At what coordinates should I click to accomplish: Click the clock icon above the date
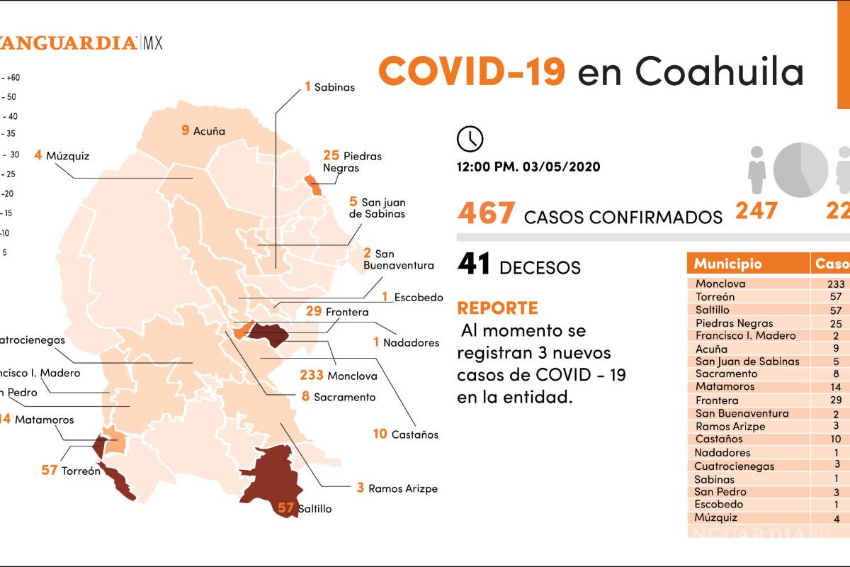coord(470,139)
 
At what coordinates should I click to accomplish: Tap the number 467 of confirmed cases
coord(486,213)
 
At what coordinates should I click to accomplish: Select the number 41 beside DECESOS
coord(474,264)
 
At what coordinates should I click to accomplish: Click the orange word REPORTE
coord(497,308)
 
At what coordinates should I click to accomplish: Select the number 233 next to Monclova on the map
coord(311,376)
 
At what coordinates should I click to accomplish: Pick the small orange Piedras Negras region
coord(314,186)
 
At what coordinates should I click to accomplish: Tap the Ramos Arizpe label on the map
coord(402,488)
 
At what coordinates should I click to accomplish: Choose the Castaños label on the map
coord(414,434)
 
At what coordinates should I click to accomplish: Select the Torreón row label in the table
coord(715,297)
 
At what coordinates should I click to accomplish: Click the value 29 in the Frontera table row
coord(835,400)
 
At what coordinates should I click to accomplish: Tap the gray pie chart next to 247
coord(800,170)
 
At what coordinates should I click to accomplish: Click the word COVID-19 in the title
coord(472,72)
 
